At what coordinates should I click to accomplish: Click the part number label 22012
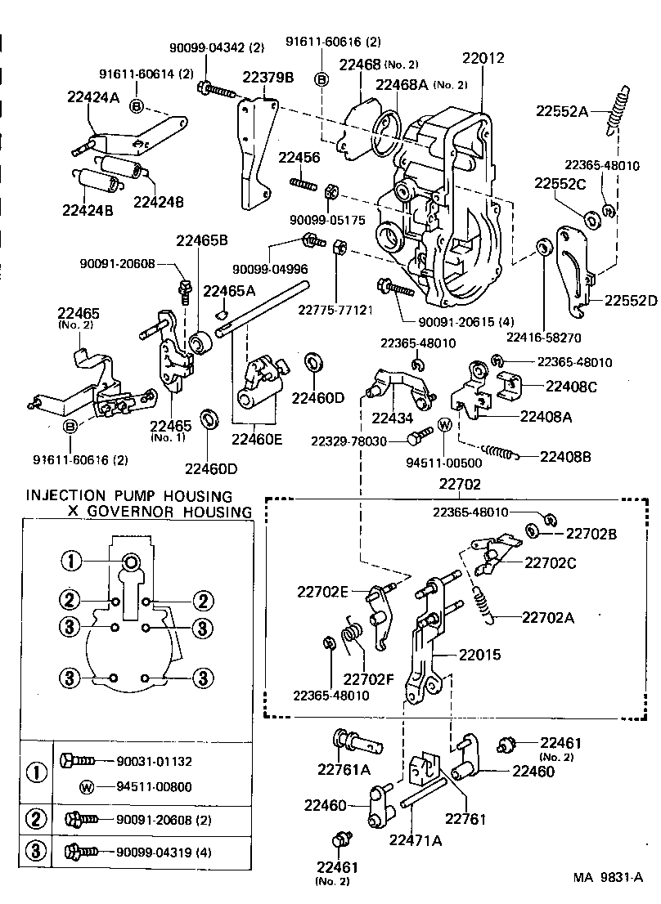pos(483,59)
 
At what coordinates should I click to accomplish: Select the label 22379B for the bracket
pos(268,77)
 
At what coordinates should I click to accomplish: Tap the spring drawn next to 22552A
pos(618,110)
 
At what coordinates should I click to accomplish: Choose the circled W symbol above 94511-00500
pos(445,424)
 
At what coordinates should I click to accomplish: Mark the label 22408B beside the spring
pos(565,456)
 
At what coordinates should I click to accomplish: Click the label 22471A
pos(415,839)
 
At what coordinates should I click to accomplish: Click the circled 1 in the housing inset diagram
pos(71,561)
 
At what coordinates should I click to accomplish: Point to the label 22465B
pos(201,239)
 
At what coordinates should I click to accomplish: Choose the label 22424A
pos(93,98)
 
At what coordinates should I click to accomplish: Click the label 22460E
pos(257,439)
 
